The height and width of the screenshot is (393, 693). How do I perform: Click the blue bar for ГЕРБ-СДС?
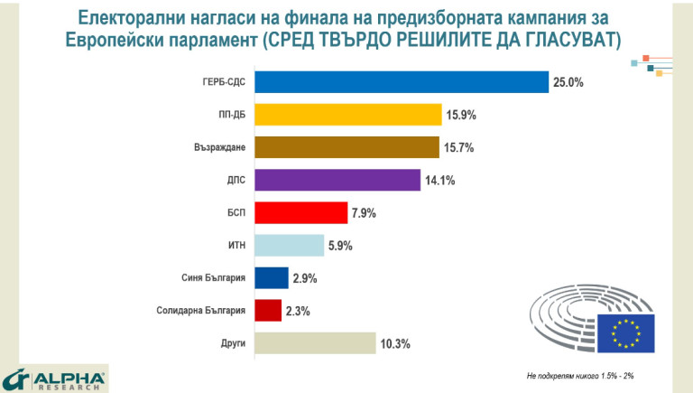pyautogui.click(x=402, y=82)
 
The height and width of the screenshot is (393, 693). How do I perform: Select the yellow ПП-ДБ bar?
pyautogui.click(x=348, y=115)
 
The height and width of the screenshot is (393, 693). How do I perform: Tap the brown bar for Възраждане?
pyautogui.click(x=347, y=147)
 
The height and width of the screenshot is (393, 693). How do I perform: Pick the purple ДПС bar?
pyautogui.click(x=337, y=180)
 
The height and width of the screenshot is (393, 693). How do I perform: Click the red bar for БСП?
pyautogui.click(x=301, y=212)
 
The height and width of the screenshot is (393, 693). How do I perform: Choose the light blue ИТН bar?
pyautogui.click(x=290, y=245)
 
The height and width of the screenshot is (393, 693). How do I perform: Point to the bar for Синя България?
pyautogui.click(x=272, y=277)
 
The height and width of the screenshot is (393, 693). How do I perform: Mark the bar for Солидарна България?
pyautogui.click(x=269, y=310)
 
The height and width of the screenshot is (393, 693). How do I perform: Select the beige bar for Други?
pyautogui.click(x=315, y=343)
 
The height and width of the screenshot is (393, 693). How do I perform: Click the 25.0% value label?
pyautogui.click(x=569, y=82)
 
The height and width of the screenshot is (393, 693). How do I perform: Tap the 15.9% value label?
pyautogui.click(x=461, y=115)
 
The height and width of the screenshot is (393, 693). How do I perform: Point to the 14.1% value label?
pyautogui.click(x=439, y=181)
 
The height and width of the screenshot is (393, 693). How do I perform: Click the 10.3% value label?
pyautogui.click(x=396, y=343)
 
